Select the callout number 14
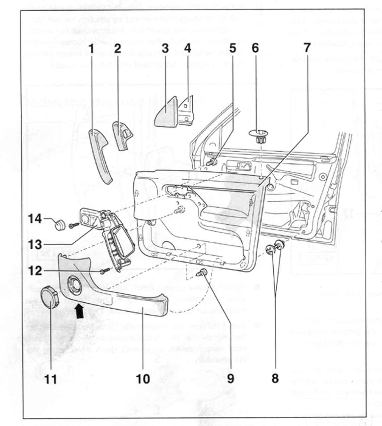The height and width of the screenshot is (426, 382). point(35,219)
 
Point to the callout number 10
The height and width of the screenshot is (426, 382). point(143,378)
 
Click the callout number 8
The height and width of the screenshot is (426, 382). point(275,378)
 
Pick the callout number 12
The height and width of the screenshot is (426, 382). point(35,271)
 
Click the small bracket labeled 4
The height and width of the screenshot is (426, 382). point(187,111)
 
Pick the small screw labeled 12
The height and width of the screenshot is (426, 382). point(103,272)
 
